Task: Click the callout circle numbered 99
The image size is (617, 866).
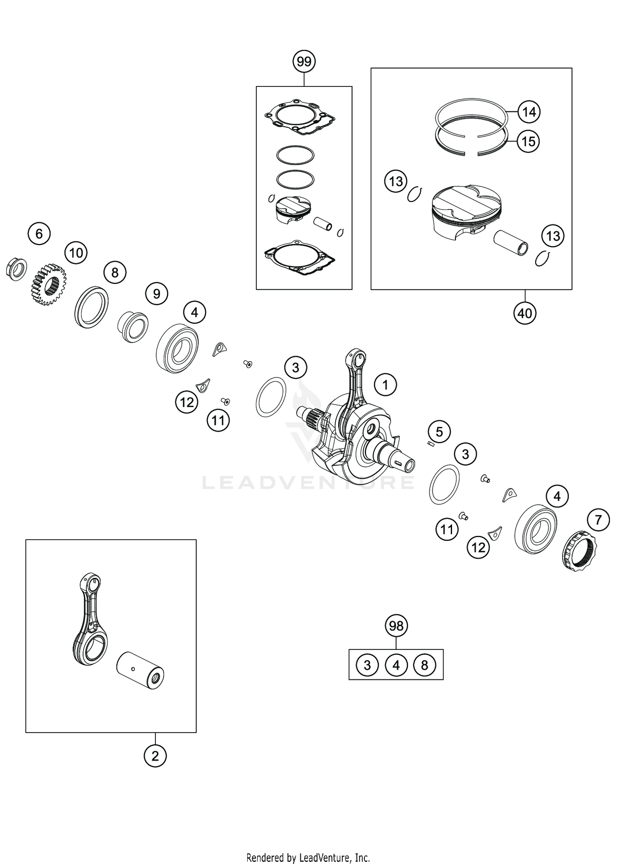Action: pos(304,62)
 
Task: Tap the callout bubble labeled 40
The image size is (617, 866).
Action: pos(525,313)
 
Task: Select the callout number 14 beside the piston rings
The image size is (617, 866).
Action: pos(529,112)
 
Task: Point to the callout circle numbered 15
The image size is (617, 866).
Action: pos(528,142)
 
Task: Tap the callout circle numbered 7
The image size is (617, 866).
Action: pos(598,520)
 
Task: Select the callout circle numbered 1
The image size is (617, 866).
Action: pos(385,385)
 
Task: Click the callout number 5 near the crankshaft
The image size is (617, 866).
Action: pos(439,432)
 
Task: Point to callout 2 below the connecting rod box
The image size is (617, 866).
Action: pos(155,756)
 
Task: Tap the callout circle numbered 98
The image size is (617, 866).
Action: pos(396,626)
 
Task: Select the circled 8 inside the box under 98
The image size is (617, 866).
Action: pos(425,665)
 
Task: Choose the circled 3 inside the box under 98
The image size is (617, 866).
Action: pos(367,665)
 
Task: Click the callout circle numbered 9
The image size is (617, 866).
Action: pos(157,293)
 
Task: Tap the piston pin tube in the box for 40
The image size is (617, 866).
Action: pos(510,243)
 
